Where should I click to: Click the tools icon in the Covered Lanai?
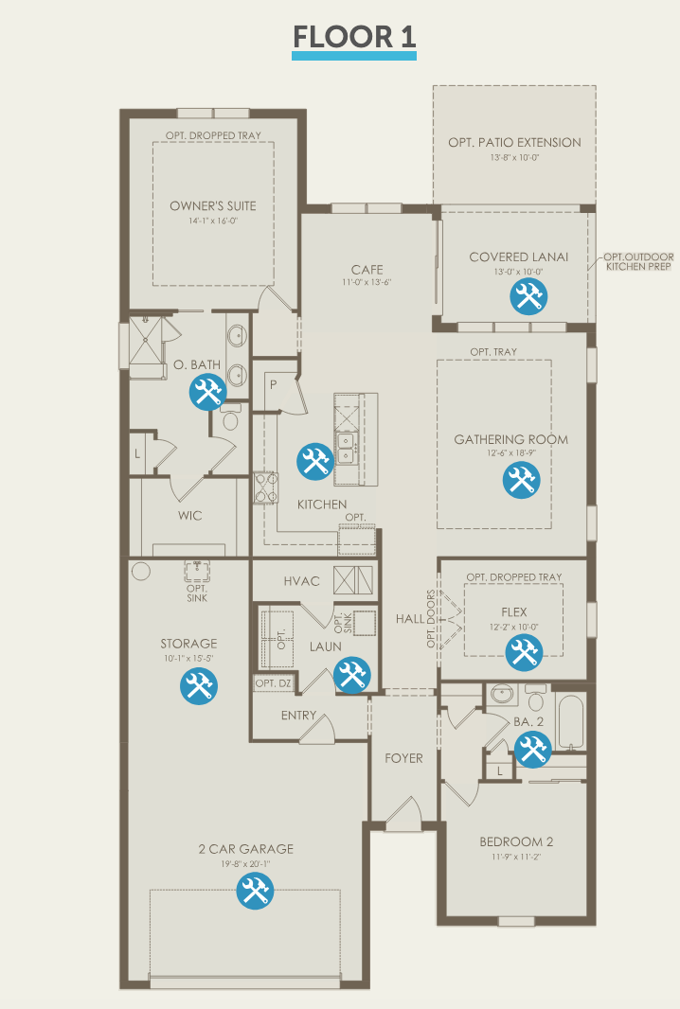[x=528, y=296]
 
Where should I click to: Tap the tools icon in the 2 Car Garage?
[x=255, y=892]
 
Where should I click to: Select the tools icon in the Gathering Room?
[x=521, y=480]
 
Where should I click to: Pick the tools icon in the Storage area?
[x=198, y=685]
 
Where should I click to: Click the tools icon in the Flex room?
[x=524, y=652]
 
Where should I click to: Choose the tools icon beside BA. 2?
[x=532, y=749]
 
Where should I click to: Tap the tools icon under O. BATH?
[x=208, y=392]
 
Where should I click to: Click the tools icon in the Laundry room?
[x=352, y=675]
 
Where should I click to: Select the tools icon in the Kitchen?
[x=315, y=461]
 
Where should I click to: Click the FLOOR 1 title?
[x=354, y=37]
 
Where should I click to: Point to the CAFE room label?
[x=367, y=270]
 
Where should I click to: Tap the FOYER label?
[x=403, y=759]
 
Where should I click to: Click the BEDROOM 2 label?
[x=516, y=841]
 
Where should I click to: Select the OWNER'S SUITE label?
[x=213, y=206]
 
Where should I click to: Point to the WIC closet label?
[x=190, y=516]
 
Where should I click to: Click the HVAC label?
[x=301, y=581]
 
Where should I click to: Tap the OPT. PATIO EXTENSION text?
[x=514, y=142]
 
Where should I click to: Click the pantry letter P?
[x=273, y=385]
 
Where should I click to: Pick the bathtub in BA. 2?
[x=570, y=722]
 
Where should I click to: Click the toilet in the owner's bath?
[x=230, y=417]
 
